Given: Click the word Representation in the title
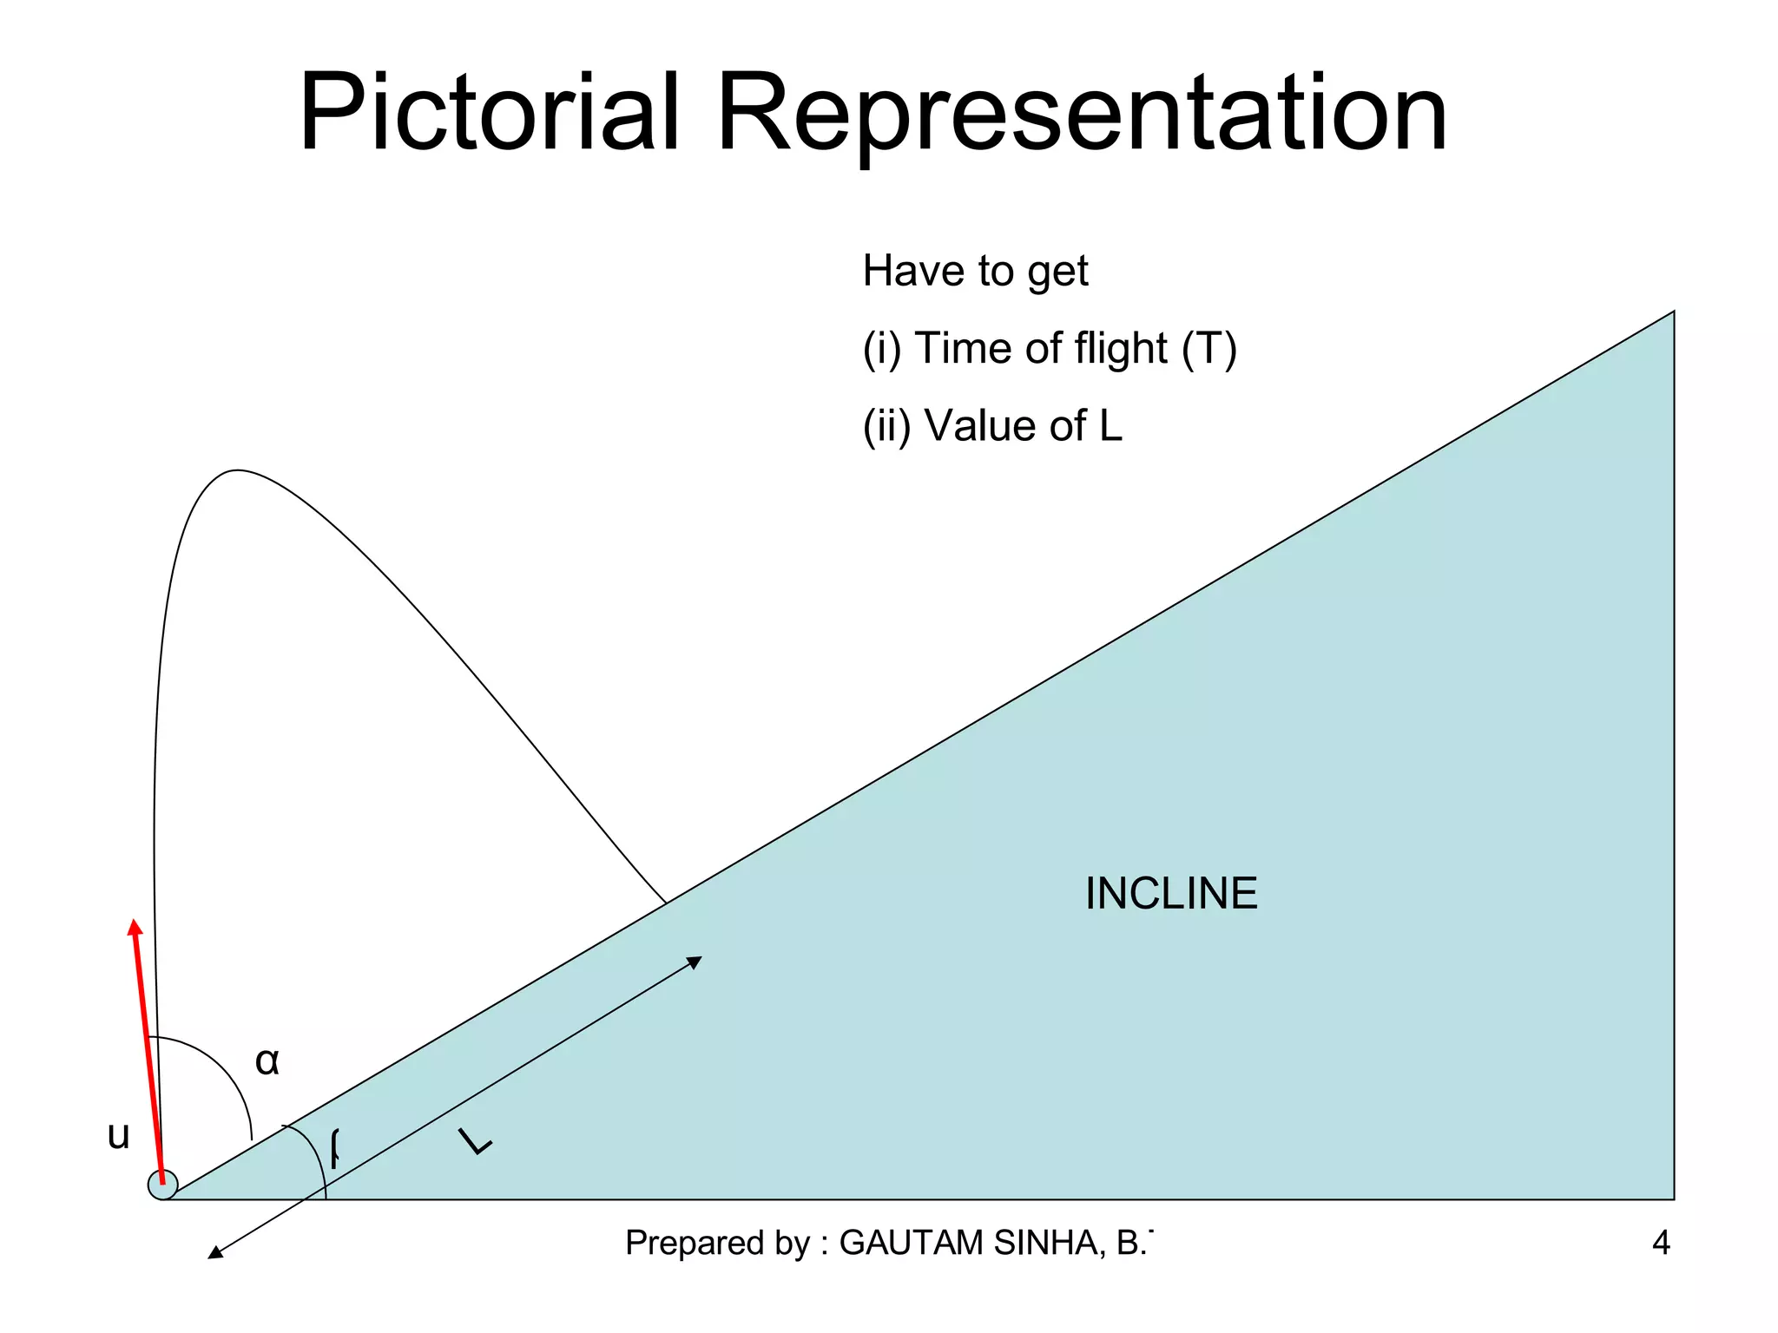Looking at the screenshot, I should (1080, 113).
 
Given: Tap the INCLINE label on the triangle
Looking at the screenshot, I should (1171, 894).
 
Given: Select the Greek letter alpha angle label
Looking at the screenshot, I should (267, 1061).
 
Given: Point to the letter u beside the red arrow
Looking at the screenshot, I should (118, 1135).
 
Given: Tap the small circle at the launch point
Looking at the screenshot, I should (162, 1185).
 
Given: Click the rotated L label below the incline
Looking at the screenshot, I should (475, 1141).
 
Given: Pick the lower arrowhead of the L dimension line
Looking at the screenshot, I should (213, 1254).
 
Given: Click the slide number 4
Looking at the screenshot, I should (1661, 1244).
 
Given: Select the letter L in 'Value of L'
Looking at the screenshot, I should (1111, 426).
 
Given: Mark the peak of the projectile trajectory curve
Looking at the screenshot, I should (236, 471).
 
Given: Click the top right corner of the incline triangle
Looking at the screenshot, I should (1673, 312).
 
